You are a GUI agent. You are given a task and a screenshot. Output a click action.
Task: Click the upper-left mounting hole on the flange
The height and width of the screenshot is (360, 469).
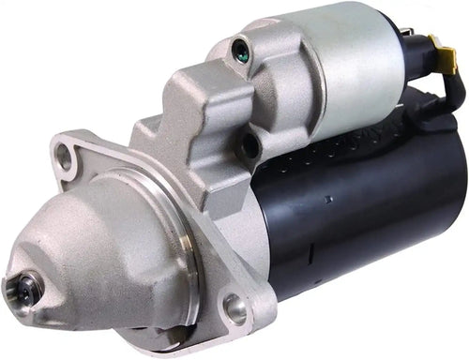pos(65,157)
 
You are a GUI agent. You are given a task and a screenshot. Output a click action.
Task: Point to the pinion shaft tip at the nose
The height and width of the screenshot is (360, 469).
pos(23,290)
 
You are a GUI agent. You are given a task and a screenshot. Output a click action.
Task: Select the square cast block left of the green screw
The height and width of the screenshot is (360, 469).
pos(197,103)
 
